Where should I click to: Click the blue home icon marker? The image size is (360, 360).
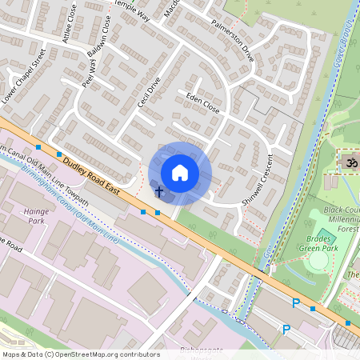(x=180, y=173)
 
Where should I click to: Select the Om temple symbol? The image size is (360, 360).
(x=347, y=162)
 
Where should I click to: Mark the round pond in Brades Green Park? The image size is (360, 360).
(x=319, y=261)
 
